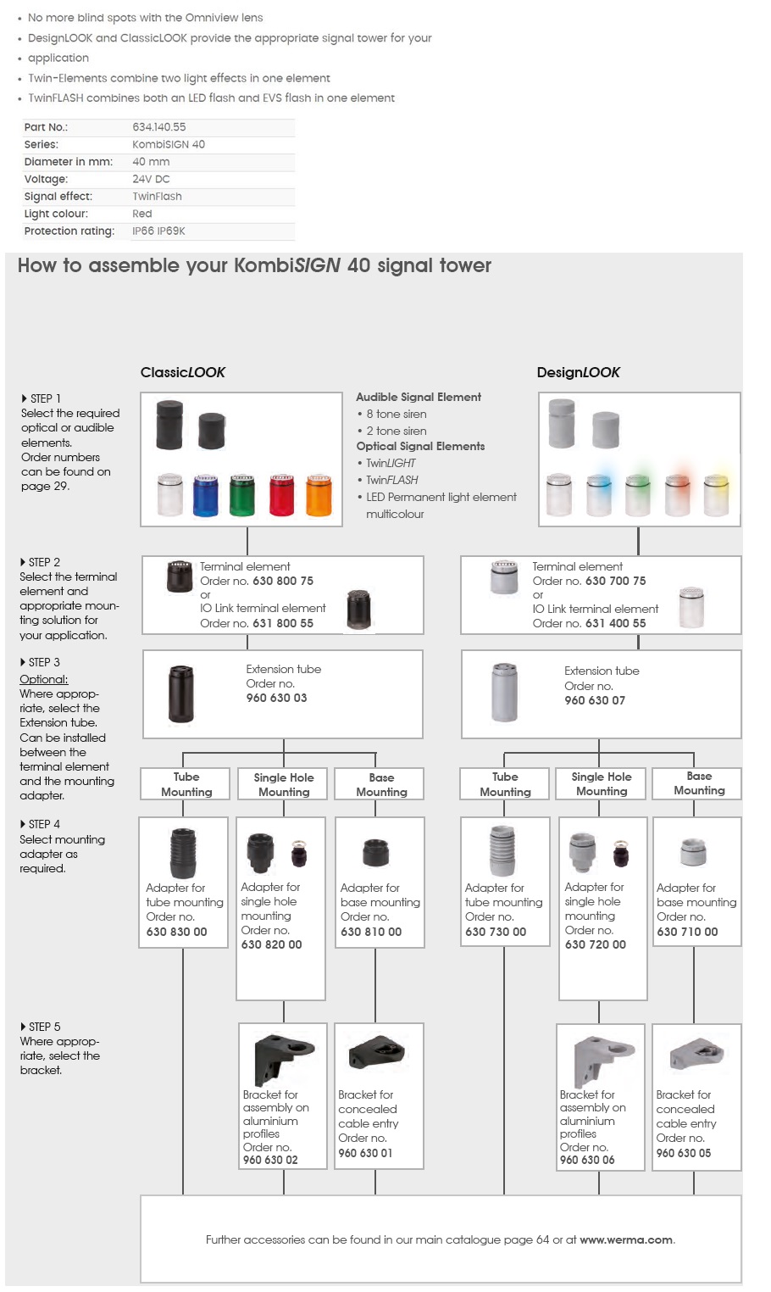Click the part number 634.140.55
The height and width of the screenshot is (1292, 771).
coord(158,127)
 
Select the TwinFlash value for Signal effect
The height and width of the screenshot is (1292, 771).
coord(157,196)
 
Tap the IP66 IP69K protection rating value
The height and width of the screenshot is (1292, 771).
coord(158,231)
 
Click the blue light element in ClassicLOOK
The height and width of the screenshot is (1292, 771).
coord(205,495)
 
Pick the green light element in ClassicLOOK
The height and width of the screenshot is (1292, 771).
coord(241,495)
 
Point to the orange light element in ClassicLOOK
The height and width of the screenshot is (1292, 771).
coord(319,495)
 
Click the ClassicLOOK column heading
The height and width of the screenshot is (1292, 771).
coord(183,372)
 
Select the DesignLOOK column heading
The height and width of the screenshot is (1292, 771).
coord(578,372)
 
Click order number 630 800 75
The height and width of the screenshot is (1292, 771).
coord(283,581)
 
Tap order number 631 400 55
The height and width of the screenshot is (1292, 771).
coord(615,623)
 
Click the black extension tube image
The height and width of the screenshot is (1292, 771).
coord(181,693)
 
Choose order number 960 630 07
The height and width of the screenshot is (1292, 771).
coord(595,700)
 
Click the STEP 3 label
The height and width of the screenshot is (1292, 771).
coord(40,662)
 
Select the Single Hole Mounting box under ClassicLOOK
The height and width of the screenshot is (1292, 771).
coord(283,784)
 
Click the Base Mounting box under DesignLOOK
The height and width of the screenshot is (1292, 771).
coord(699,783)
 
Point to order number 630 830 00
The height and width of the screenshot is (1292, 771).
coord(176,931)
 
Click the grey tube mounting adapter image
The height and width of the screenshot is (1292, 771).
coord(502,850)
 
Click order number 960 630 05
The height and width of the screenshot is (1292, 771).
coord(683,1153)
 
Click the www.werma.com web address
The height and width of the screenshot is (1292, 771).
coord(626,1239)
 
